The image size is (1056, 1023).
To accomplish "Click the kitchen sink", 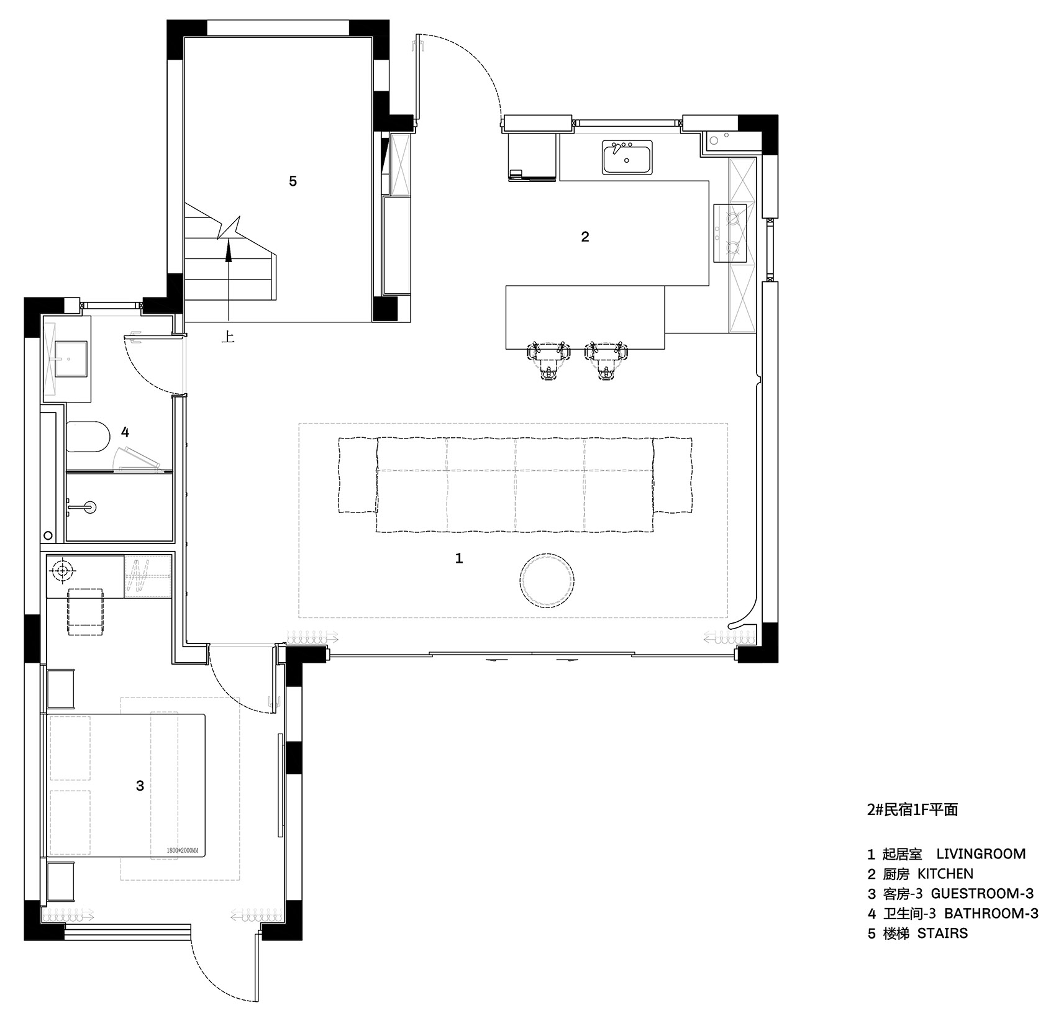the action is [627, 157].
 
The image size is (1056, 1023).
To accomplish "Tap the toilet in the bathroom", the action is [87, 437].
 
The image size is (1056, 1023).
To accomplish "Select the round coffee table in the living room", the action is [545, 580].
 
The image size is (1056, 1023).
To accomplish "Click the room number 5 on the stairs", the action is [293, 181].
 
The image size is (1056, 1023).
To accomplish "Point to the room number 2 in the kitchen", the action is [585, 237].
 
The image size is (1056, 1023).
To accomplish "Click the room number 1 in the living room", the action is [459, 558].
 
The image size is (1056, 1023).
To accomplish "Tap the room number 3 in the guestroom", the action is [140, 786].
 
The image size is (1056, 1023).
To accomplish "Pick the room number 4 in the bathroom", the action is [125, 432].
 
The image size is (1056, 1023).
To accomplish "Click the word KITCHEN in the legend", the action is [945, 874].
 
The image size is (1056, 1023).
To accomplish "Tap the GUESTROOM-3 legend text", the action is [982, 894].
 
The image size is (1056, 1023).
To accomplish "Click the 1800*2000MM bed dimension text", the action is [183, 850].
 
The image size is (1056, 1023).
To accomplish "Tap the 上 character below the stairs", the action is [229, 337].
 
